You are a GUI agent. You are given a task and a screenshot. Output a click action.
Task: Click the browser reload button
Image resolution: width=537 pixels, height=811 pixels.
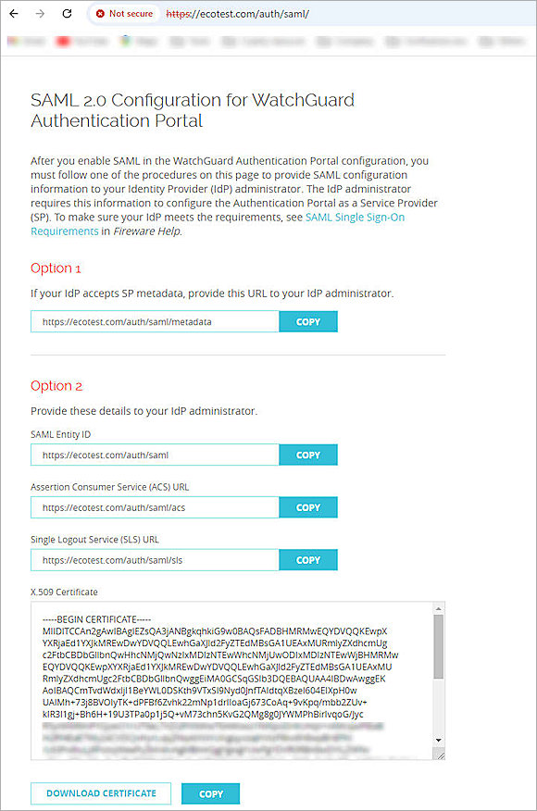[x=67, y=14]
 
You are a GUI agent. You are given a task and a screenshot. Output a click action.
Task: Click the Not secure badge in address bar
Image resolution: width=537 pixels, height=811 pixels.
[x=124, y=14]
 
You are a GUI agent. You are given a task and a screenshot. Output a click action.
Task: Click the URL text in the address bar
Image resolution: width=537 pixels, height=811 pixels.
[x=238, y=14]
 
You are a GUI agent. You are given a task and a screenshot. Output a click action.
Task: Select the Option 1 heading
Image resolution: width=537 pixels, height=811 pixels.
[x=56, y=268]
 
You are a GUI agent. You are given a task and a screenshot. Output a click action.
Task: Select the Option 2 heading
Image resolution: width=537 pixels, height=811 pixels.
[x=56, y=385]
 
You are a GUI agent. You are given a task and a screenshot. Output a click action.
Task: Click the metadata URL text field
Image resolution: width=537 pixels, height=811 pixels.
[x=155, y=322]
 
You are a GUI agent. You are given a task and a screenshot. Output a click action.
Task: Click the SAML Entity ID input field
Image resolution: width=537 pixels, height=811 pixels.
[x=155, y=455]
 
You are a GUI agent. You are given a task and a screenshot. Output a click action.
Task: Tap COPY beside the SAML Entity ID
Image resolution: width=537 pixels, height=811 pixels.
[x=308, y=455]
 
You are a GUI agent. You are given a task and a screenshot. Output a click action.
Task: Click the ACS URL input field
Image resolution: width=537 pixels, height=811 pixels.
[x=155, y=507]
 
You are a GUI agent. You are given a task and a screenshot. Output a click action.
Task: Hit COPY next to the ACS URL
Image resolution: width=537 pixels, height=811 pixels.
[x=308, y=507]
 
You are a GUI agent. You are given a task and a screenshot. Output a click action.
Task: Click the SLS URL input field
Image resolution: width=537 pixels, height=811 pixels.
[x=155, y=560]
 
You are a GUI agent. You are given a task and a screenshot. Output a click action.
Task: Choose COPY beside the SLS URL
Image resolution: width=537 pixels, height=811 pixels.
[x=308, y=560]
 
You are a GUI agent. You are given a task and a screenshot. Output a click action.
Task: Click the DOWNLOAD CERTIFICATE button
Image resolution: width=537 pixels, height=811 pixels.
[x=102, y=793]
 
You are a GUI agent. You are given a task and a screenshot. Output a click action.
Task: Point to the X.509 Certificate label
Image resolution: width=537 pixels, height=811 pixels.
[x=64, y=592]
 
